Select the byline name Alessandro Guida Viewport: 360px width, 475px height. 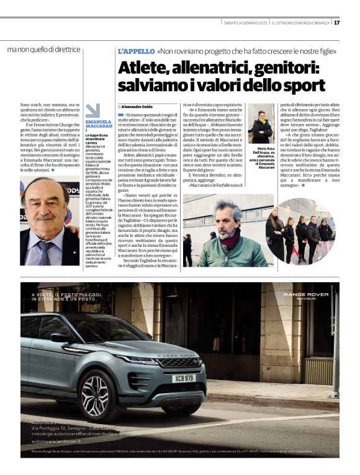point(137,107)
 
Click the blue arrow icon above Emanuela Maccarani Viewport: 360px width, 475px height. point(92,110)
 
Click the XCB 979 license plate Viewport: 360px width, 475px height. point(183,378)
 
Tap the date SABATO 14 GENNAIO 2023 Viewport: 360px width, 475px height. point(245,23)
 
